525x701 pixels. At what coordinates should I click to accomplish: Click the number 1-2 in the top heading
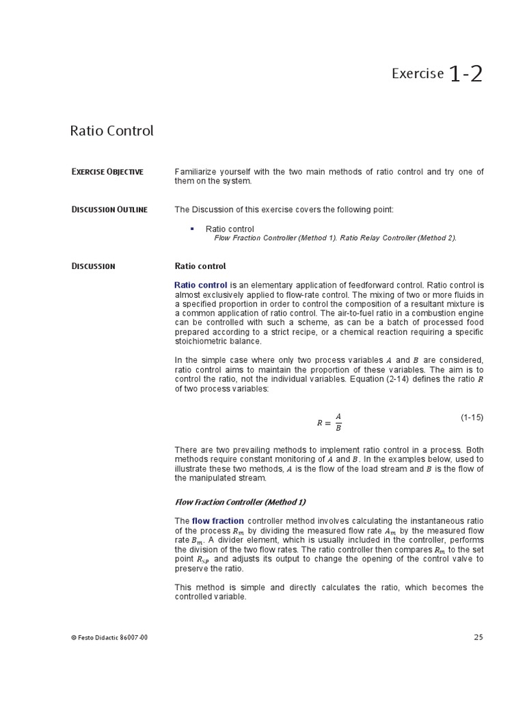click(x=466, y=74)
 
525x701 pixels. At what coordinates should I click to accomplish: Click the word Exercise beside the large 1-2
click(x=417, y=74)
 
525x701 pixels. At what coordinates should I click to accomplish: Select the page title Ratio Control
click(x=111, y=131)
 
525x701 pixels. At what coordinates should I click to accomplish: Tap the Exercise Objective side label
click(x=107, y=172)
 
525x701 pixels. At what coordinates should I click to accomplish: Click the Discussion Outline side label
click(x=109, y=209)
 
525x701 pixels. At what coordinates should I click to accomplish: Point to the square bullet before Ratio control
click(x=192, y=229)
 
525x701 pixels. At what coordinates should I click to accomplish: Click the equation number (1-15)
click(x=471, y=417)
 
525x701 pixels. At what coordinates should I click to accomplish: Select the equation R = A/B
click(x=329, y=422)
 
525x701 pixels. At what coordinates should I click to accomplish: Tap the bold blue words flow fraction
click(x=217, y=521)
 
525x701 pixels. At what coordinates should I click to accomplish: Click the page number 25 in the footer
click(x=479, y=637)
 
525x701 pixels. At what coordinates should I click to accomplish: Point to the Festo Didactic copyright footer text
click(x=109, y=637)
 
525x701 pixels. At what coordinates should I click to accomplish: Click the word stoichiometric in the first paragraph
click(x=200, y=341)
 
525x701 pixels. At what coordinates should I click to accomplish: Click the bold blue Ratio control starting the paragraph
click(x=201, y=285)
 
